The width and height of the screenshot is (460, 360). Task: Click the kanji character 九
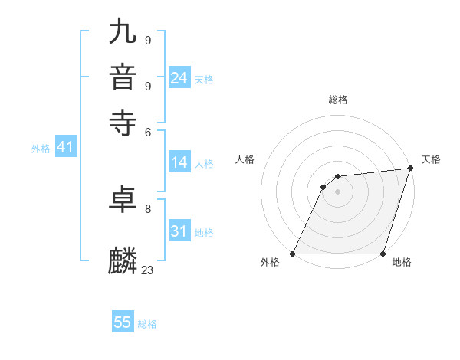[x=123, y=34]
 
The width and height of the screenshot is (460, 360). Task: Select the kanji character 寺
[x=123, y=122]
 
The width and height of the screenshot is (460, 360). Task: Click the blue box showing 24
[x=179, y=78]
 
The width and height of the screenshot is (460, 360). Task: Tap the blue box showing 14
[x=179, y=162]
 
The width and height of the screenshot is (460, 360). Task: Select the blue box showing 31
[x=179, y=231]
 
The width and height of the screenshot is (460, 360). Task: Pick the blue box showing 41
[x=64, y=147]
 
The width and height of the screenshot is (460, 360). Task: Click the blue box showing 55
[x=123, y=322]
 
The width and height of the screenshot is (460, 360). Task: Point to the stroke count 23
[x=148, y=270]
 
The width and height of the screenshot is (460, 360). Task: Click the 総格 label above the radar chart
[x=337, y=100]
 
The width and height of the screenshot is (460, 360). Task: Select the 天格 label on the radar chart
[x=431, y=159]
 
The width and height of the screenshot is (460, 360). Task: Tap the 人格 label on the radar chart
[x=245, y=159]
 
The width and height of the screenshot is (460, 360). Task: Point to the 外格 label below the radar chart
[x=270, y=263]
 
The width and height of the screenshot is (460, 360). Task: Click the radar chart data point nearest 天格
[x=410, y=169]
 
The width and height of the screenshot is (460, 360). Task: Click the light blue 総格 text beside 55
[x=147, y=324]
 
